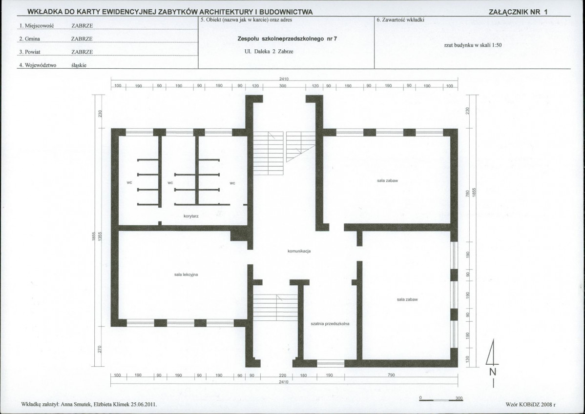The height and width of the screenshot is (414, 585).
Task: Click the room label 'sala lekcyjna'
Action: tap(186, 275)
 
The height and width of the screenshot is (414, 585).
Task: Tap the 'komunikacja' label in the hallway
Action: tap(299, 251)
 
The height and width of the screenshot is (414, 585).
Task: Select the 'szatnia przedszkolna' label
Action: tap(330, 324)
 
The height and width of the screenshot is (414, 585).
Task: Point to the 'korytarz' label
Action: tap(191, 216)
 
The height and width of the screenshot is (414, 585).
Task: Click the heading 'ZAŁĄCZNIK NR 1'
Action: tap(518, 12)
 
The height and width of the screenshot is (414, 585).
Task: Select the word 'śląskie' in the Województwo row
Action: tap(79, 65)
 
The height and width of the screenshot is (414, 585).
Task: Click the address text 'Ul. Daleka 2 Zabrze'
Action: tap(269, 52)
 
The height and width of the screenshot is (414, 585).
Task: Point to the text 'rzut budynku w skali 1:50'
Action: tap(473, 45)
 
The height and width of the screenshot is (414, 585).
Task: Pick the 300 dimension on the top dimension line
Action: tap(283, 86)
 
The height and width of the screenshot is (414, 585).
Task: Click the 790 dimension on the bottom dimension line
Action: tap(391, 375)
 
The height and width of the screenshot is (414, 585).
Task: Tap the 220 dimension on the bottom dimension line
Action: tap(282, 375)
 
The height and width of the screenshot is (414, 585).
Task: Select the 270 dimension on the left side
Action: tap(100, 349)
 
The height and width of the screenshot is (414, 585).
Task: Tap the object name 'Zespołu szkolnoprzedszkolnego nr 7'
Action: tap(287, 39)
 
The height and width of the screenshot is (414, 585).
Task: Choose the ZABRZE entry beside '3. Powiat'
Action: tap(82, 52)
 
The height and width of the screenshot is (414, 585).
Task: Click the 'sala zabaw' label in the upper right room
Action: tap(388, 181)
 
